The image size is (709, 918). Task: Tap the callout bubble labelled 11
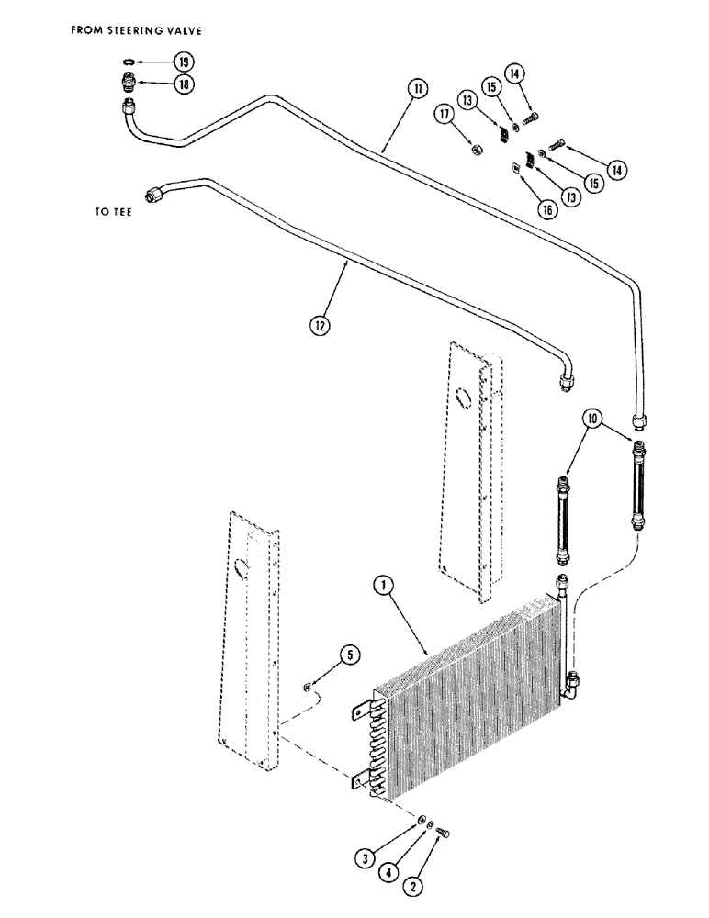pyautogui.click(x=419, y=89)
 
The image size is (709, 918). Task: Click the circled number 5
pyautogui.click(x=348, y=655)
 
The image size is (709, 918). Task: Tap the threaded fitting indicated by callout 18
pyautogui.click(x=129, y=84)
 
